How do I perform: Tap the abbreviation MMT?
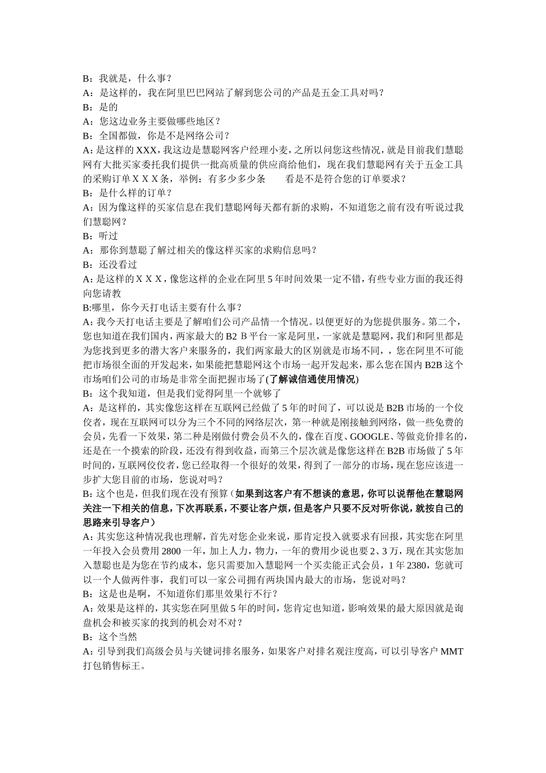[x=452, y=652]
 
